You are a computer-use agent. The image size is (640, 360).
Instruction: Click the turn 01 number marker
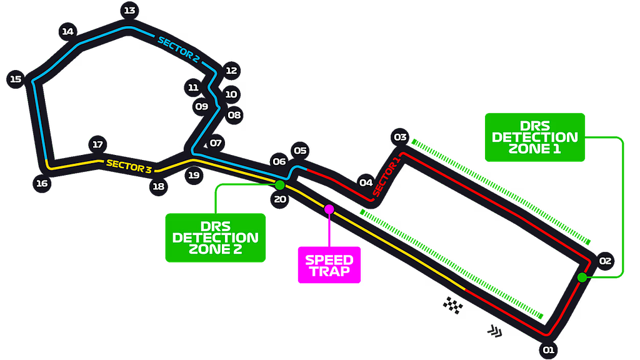[548, 350]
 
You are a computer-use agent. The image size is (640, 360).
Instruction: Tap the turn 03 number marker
[400, 137]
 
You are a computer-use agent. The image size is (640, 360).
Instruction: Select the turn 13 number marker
[129, 10]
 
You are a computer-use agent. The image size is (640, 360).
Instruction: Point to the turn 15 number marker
[16, 79]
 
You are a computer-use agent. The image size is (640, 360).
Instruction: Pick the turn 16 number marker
[41, 183]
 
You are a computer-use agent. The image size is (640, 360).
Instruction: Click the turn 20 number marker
[279, 200]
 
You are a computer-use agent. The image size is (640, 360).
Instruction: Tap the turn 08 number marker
[234, 115]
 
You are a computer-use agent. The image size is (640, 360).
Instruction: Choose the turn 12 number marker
[231, 71]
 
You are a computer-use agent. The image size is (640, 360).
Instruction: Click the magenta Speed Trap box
[329, 266]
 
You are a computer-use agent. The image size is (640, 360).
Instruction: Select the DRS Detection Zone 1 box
[535, 137]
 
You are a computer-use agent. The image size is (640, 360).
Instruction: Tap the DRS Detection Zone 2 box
[215, 237]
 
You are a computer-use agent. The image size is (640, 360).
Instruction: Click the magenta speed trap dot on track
[329, 209]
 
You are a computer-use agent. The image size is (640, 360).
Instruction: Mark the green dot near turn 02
[582, 277]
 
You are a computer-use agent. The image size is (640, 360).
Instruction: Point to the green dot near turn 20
[279, 185]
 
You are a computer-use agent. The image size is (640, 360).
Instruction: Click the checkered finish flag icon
[453, 305]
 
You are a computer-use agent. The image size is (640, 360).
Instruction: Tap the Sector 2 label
[178, 50]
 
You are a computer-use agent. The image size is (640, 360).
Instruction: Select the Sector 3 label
[129, 165]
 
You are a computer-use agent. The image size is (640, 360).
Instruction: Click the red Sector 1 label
[386, 177]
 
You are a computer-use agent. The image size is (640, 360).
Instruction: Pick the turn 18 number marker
[158, 186]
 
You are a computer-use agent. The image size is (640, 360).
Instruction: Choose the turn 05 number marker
[300, 151]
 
